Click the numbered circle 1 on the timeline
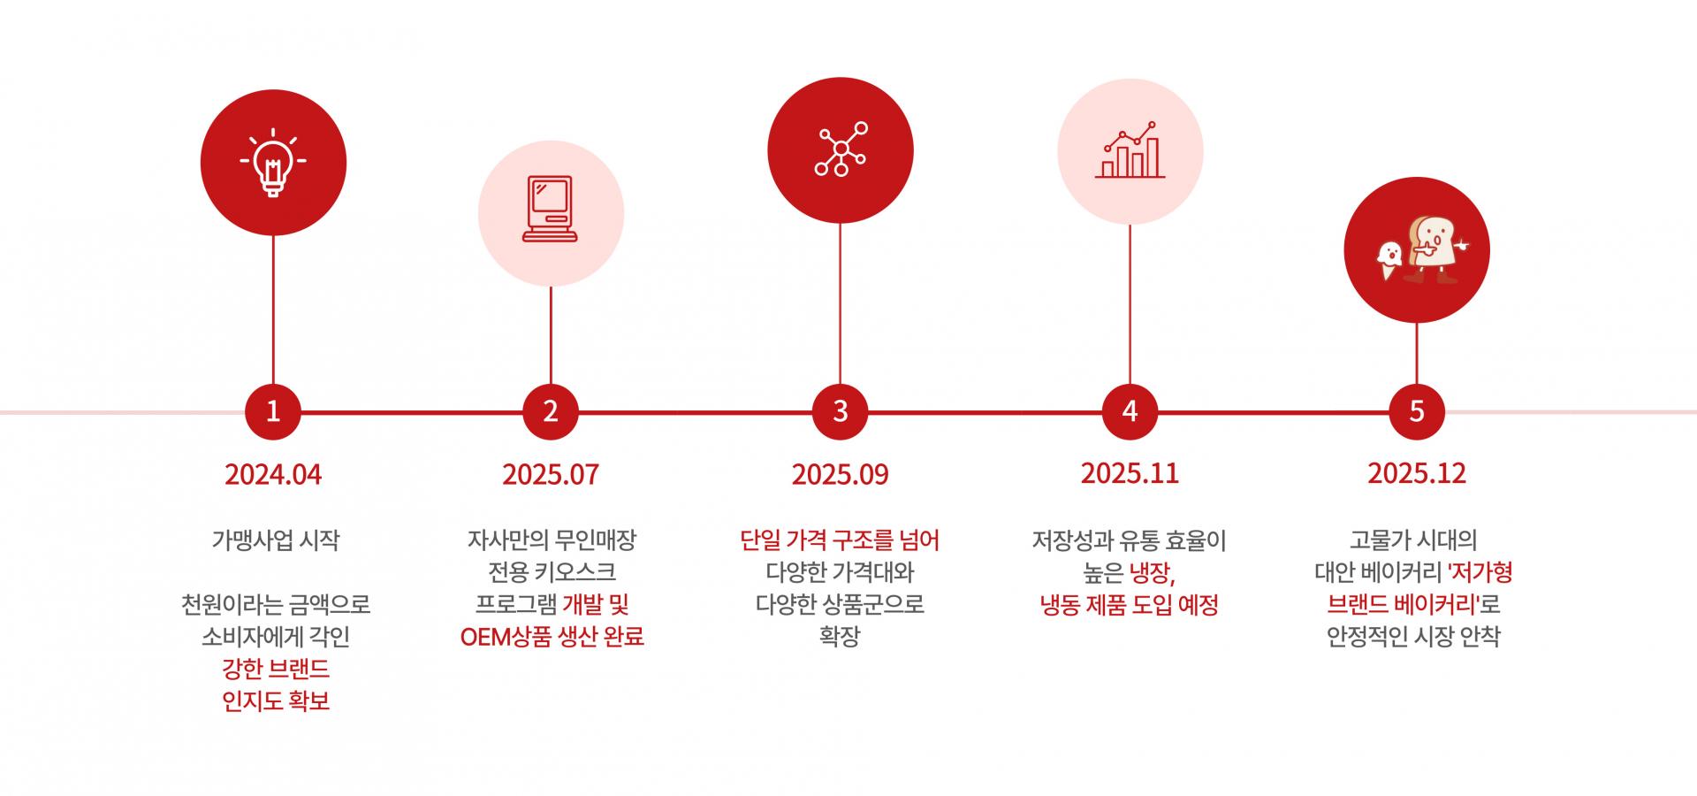pos(272,411)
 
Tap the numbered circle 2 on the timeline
pos(550,411)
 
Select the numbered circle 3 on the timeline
pos(840,411)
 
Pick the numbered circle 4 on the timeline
pos(1130,411)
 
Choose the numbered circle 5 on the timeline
pos(1416,411)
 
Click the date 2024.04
pos(273,475)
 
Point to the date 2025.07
pos(551,475)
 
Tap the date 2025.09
pos(840,475)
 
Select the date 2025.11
pos(1130,473)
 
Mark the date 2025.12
pos(1416,473)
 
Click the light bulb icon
pos(273,164)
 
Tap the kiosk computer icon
pos(550,210)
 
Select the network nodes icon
pos(840,149)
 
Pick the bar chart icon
pos(1130,151)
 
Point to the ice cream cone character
pos(1389,262)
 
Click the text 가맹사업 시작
pos(275,540)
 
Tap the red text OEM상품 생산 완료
pos(552,637)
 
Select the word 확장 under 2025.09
pos(840,637)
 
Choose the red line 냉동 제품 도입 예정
pos(1129,605)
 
